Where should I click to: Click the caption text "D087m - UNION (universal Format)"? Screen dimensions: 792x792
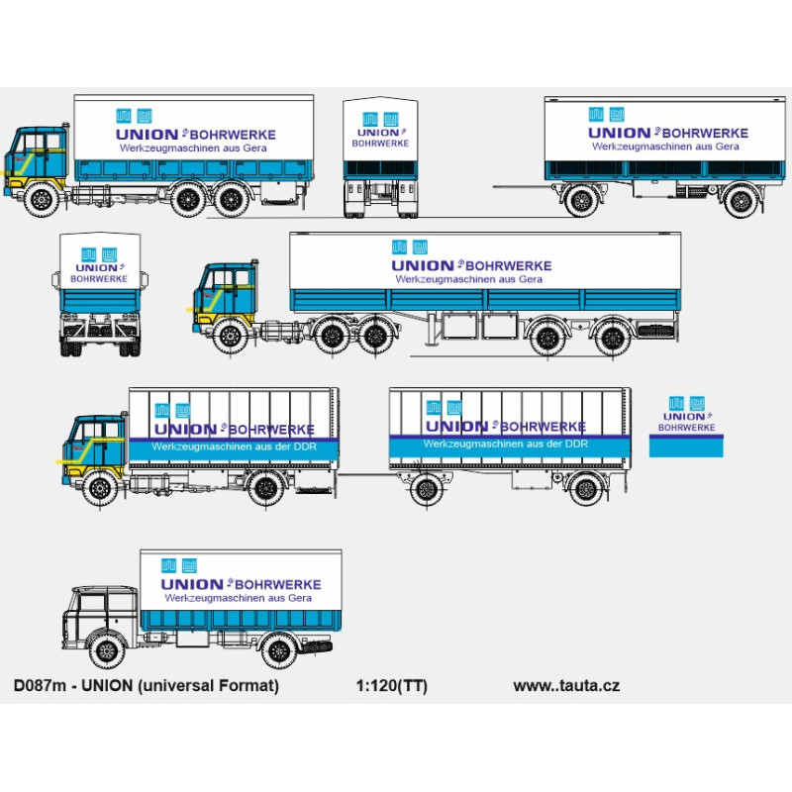[x=146, y=686]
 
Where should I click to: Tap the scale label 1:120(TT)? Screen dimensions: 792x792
[x=391, y=686]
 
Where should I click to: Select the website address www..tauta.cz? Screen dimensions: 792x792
[x=566, y=686]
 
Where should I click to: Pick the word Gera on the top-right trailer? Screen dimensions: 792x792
[x=727, y=147]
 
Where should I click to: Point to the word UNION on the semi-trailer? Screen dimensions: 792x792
[x=422, y=265]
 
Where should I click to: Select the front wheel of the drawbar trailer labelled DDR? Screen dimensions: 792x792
[x=426, y=488]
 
